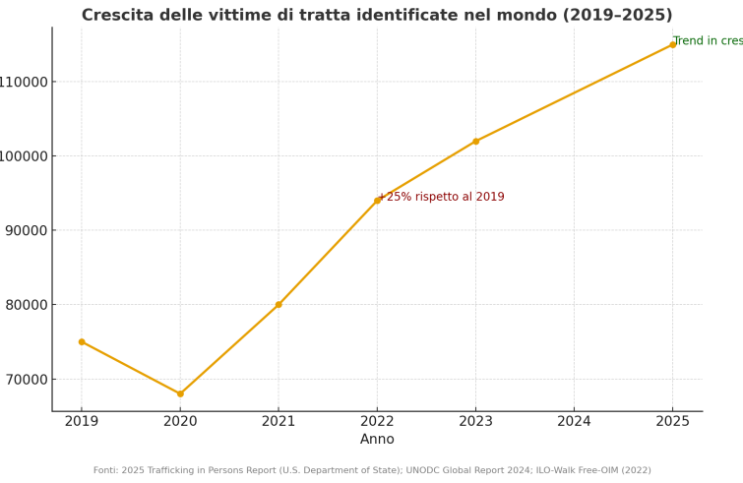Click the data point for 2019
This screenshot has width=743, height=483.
[x=82, y=341]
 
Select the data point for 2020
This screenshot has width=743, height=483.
[x=180, y=393]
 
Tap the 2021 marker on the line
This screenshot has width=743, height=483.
[x=279, y=304]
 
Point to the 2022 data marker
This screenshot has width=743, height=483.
[x=377, y=200]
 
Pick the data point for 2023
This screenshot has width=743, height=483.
[x=475, y=141]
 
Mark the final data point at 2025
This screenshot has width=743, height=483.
[x=673, y=44]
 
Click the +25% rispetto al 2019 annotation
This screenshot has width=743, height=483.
[x=442, y=197]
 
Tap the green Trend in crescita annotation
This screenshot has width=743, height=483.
[x=708, y=41]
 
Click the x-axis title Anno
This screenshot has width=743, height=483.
[x=377, y=440]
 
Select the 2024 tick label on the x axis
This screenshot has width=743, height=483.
[x=575, y=421]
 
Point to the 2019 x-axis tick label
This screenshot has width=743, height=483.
[x=82, y=421]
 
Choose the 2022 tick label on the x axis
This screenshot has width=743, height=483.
[x=377, y=421]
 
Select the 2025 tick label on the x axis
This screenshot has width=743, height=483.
[x=673, y=421]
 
